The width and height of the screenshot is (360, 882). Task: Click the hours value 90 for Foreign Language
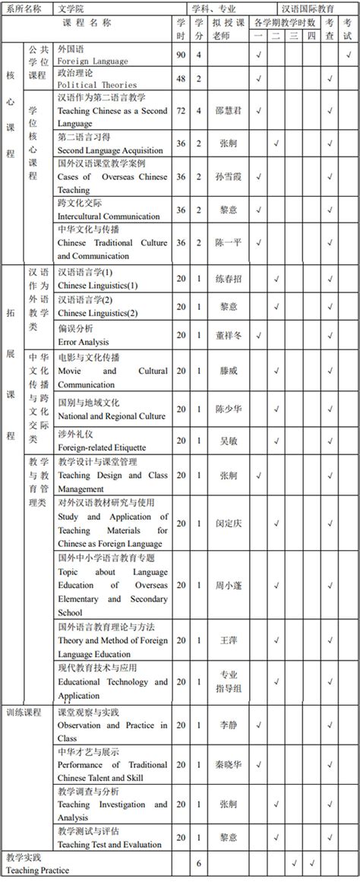tap(180, 55)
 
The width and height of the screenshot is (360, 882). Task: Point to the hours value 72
tap(180, 110)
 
